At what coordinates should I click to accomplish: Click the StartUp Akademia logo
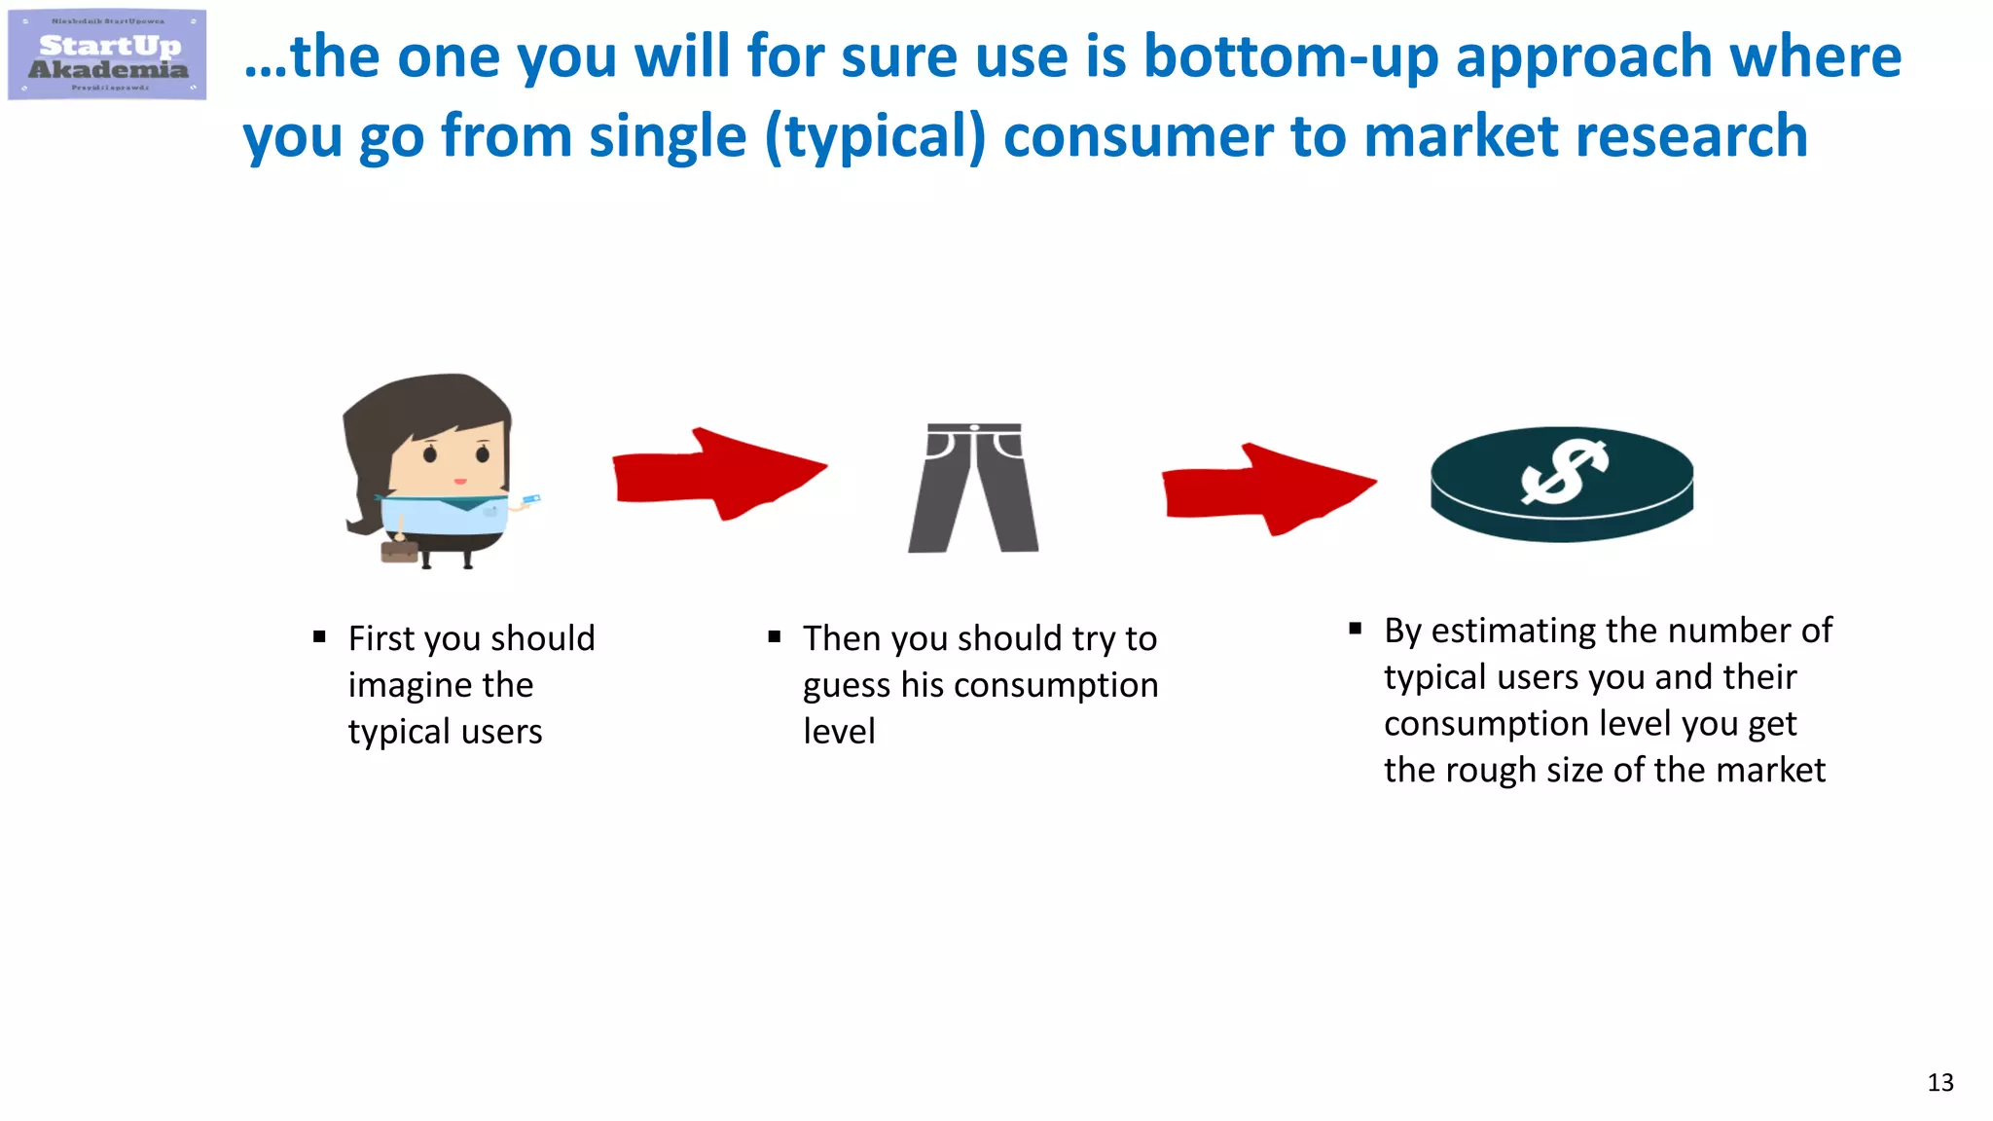107,55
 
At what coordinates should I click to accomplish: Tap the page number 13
1939,1083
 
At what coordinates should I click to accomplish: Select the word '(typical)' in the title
875,136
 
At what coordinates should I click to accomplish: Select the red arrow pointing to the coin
1268,489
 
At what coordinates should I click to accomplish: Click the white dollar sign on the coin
1564,472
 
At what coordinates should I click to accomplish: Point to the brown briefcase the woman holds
399,552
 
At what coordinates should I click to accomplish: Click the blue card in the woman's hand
530,500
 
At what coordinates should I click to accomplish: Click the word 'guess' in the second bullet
847,686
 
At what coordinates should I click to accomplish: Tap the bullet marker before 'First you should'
319,637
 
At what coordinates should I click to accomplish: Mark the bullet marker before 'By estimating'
1355,629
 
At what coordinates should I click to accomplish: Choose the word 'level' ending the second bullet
839,732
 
